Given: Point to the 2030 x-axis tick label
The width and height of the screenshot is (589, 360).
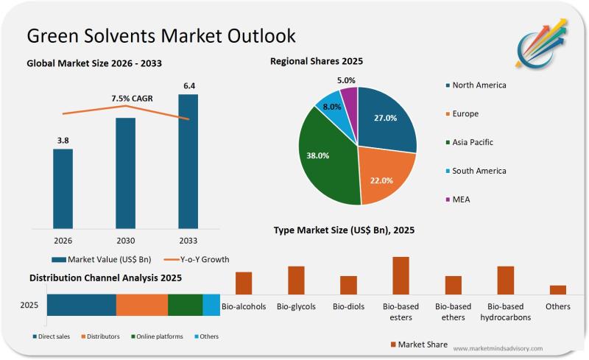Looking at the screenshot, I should click(x=125, y=240).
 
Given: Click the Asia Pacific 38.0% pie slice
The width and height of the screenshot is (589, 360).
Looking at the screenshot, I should click(x=324, y=158).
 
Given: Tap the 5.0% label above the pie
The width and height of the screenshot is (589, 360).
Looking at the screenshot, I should click(x=346, y=80).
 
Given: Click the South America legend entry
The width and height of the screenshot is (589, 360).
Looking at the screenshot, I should click(x=479, y=171).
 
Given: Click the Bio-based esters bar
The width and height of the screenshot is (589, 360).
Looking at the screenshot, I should click(x=401, y=275).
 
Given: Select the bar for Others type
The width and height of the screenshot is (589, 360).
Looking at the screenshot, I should click(x=557, y=289).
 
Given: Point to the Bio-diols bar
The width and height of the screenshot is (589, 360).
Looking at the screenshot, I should click(x=348, y=285).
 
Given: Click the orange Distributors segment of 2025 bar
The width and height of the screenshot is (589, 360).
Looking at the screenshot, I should click(x=142, y=305).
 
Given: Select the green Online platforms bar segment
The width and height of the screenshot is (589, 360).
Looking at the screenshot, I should click(x=185, y=305).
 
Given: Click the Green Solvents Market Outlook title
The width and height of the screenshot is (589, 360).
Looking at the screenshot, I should click(x=161, y=35).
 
